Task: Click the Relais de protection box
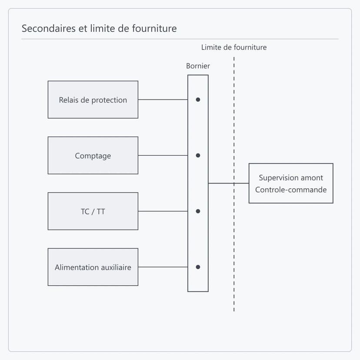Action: (x=93, y=100)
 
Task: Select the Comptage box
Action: (x=93, y=155)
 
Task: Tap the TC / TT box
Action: (x=93, y=211)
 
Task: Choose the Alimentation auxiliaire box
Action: (x=93, y=267)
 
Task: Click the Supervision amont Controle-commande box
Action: (x=291, y=183)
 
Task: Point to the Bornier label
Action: (x=198, y=66)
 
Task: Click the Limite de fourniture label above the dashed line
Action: (x=234, y=47)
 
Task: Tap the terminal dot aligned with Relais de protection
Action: (x=198, y=100)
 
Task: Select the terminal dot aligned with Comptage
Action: (x=198, y=155)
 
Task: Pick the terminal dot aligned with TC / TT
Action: (x=198, y=211)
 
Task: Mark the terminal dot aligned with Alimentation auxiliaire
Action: (x=198, y=267)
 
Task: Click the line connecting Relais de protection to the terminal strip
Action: (x=163, y=100)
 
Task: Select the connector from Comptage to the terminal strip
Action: (x=163, y=155)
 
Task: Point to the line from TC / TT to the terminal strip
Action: (x=163, y=211)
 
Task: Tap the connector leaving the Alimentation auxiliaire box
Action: (x=163, y=267)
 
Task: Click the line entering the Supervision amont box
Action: (x=229, y=183)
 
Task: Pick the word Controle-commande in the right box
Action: (x=291, y=190)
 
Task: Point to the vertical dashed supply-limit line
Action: (x=234, y=184)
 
